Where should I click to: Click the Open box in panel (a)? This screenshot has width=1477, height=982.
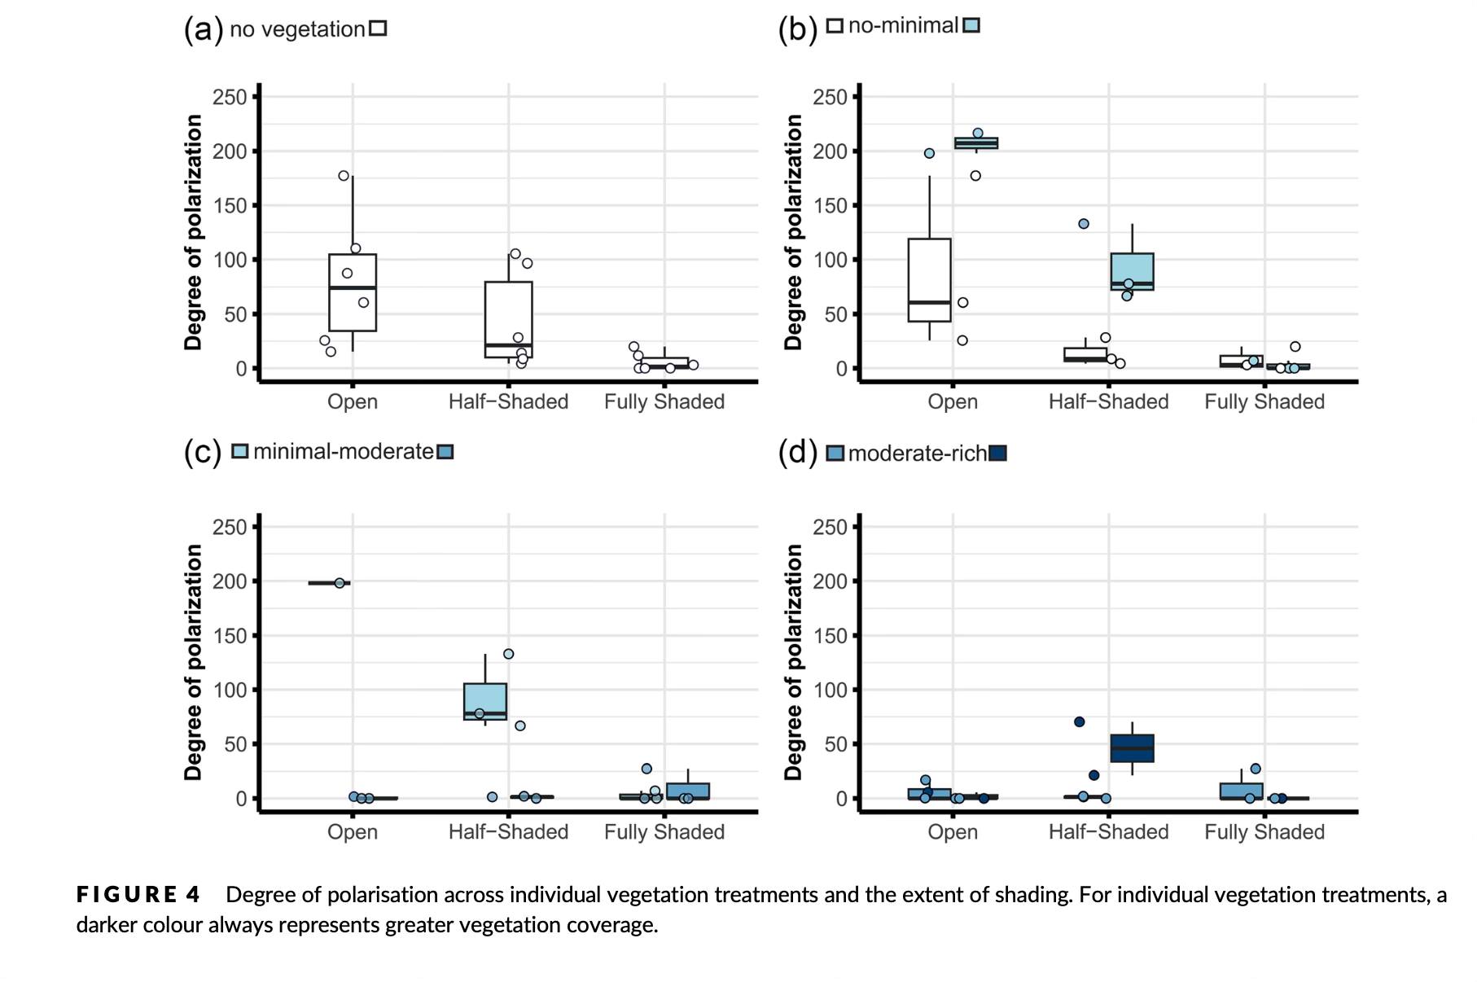coord(353,293)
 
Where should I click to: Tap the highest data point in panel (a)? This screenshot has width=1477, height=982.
coord(344,176)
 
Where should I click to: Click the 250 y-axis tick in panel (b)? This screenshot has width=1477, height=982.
coord(830,97)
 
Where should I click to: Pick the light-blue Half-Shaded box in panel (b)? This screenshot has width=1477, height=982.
coord(1132,271)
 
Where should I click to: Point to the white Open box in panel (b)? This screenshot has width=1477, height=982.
coord(929,280)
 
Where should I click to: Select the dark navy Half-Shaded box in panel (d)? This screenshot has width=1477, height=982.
coord(1132,748)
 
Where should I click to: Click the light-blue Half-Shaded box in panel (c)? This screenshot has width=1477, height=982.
coord(485,701)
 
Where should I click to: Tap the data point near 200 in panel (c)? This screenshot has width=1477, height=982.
coord(340,582)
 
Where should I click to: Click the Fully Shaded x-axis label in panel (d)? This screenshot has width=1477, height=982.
coord(1264,832)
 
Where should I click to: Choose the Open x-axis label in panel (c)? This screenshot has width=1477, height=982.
coord(353,832)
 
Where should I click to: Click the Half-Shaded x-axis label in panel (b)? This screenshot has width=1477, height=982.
coord(1108,402)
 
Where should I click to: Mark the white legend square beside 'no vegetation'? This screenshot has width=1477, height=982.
coord(377,28)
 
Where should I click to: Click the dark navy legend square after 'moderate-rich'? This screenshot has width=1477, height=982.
coord(997,454)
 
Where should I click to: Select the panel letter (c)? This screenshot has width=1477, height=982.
coord(202,452)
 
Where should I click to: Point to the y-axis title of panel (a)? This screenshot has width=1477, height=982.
coord(193,232)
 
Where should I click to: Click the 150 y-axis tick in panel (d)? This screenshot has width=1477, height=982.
coord(830,636)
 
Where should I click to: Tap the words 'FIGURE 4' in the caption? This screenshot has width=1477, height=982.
coord(138,895)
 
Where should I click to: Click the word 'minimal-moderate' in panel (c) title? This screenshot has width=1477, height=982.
coord(343,452)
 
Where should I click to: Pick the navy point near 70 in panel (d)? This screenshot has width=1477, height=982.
coord(1079,721)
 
